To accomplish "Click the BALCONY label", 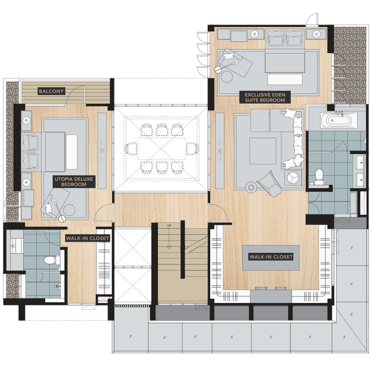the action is [x=51, y=91].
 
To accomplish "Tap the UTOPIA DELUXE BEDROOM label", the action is [x=74, y=182].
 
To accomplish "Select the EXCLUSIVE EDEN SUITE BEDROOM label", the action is [x=265, y=97].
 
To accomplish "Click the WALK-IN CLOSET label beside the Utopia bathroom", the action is [x=87, y=238].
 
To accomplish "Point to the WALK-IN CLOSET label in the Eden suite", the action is [x=271, y=257].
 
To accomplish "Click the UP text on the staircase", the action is [x=169, y=225].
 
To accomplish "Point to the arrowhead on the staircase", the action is [x=169, y=247].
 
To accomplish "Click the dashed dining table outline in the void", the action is [x=161, y=148].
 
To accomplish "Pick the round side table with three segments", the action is [x=293, y=177].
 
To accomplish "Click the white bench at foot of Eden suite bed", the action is [x=285, y=79].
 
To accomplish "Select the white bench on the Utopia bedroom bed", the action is [x=72, y=152].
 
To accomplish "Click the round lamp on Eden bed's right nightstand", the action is [x=317, y=34].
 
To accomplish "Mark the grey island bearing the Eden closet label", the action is [x=271, y=258].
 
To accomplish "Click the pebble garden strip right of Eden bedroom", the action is [x=350, y=65].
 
